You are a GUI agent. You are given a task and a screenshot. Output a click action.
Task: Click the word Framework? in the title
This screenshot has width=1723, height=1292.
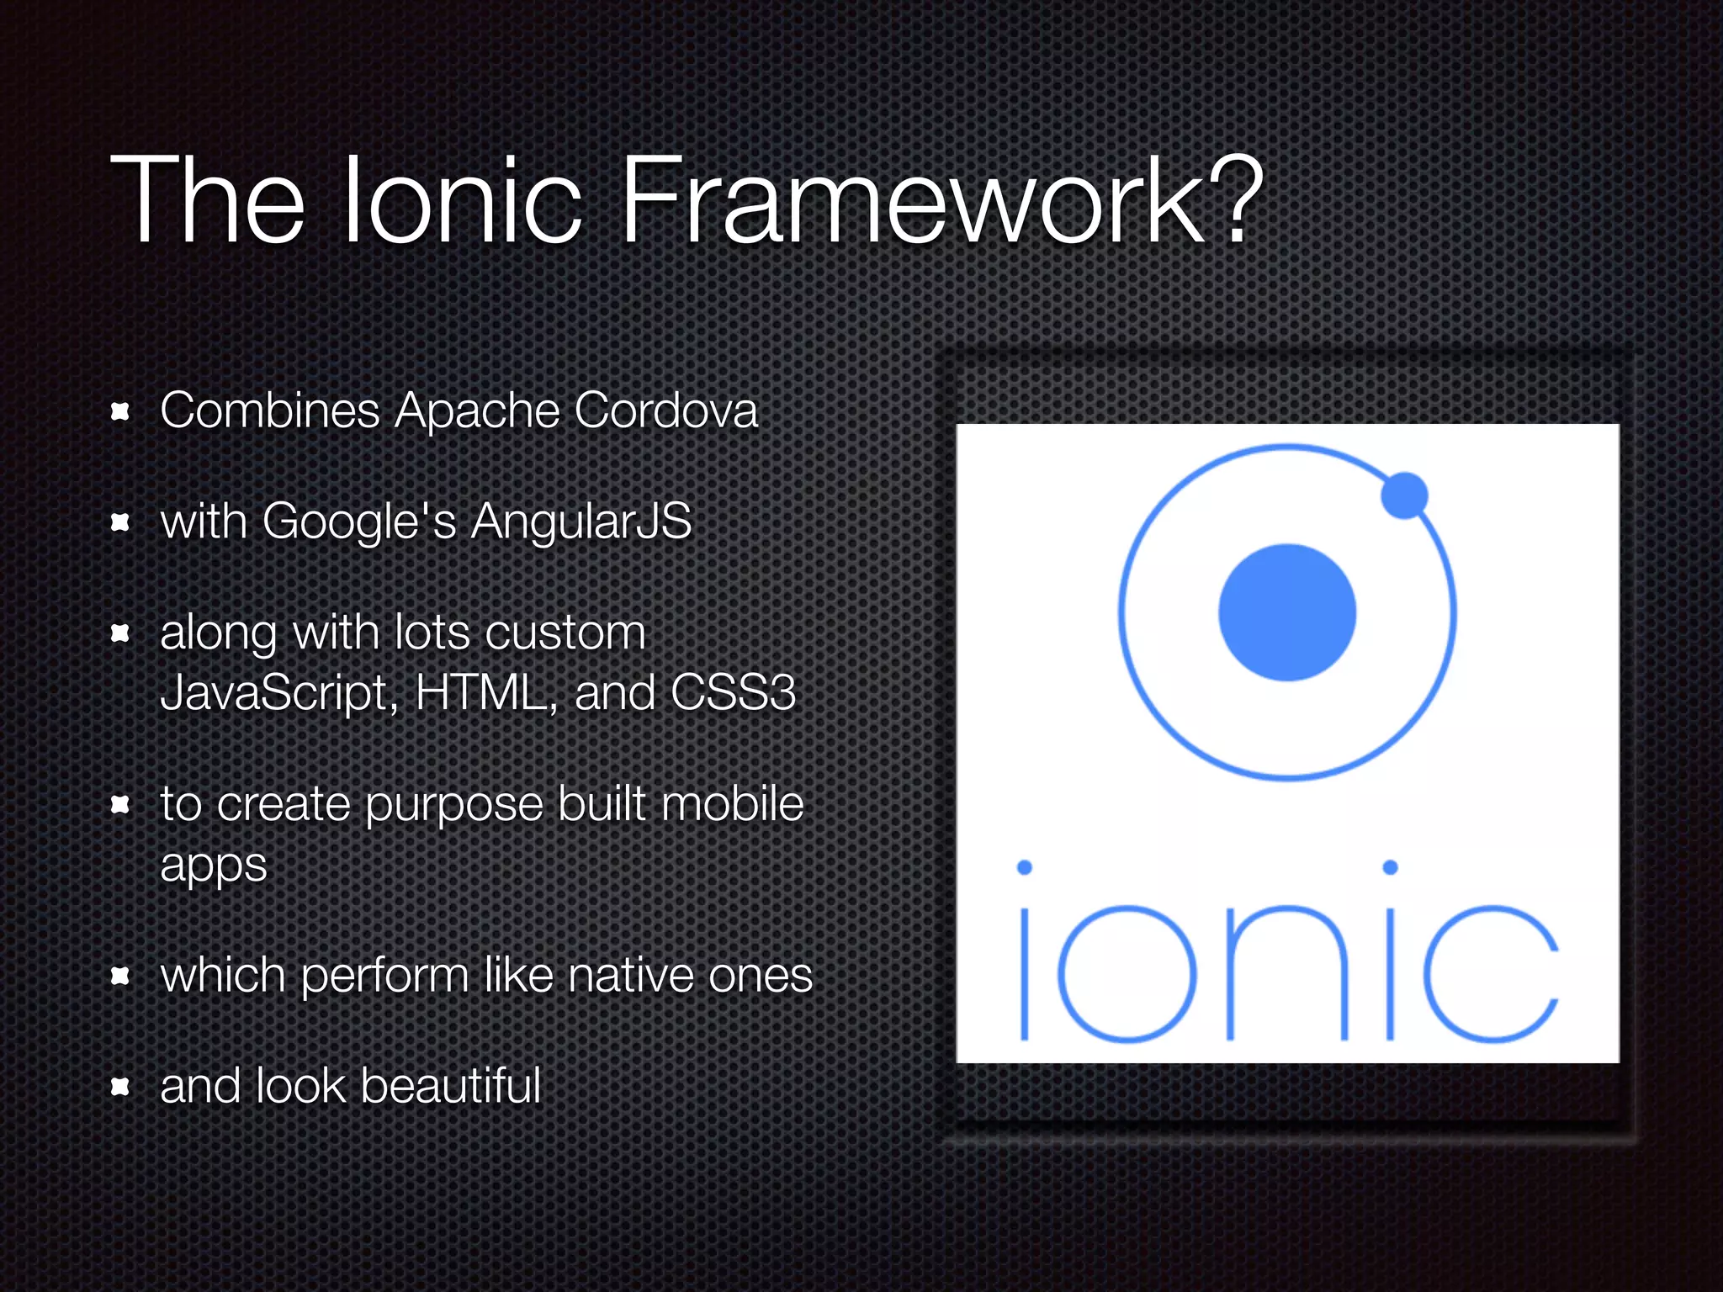(x=940, y=202)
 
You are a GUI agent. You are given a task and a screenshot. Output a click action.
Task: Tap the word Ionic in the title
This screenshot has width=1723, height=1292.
(x=463, y=202)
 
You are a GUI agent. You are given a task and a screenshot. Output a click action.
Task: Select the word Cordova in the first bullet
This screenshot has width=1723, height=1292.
(x=665, y=410)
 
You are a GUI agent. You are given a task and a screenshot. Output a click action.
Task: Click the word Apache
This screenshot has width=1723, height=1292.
(x=477, y=412)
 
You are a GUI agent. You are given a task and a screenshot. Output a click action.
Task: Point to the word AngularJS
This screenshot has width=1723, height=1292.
(x=581, y=522)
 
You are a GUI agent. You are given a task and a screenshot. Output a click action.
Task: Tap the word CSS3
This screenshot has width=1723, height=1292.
(x=733, y=693)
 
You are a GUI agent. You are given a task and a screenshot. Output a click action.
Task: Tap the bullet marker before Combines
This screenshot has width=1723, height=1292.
(x=120, y=411)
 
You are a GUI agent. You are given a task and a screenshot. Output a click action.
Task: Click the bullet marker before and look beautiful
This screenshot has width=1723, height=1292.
(x=120, y=1087)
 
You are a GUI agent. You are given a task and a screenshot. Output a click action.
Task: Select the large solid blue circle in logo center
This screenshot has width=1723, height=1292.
(x=1287, y=612)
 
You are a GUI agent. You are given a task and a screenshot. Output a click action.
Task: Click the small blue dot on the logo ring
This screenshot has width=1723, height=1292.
(x=1404, y=495)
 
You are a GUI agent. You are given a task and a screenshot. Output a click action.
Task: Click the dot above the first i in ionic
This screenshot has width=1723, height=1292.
(x=1024, y=867)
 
